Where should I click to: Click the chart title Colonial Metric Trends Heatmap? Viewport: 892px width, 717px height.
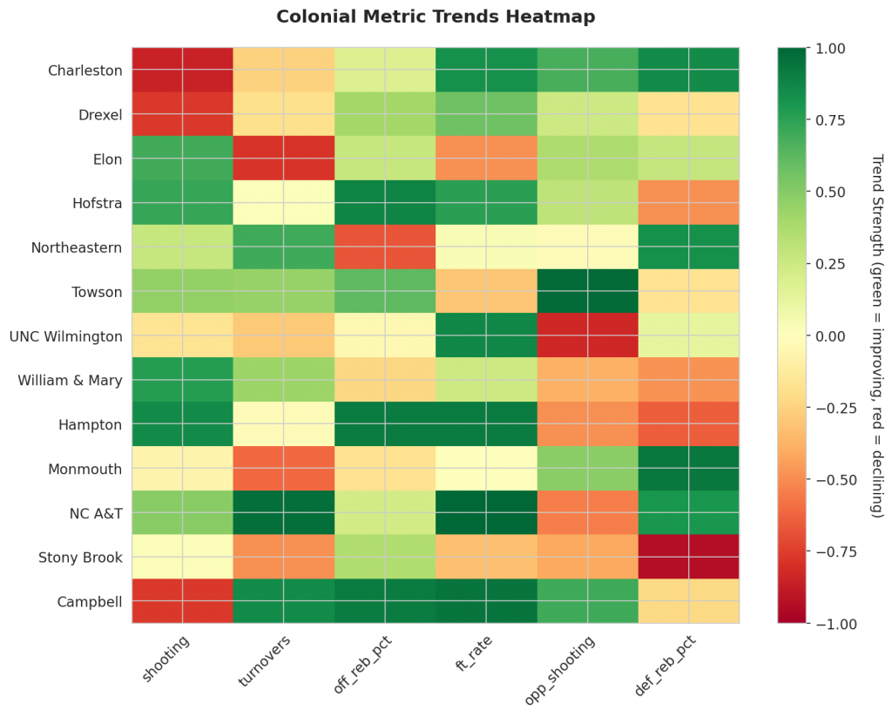[x=436, y=17]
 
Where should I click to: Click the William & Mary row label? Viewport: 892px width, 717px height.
[x=71, y=380]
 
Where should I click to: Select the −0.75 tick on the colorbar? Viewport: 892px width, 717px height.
[x=828, y=551]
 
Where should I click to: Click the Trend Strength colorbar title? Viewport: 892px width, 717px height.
[x=877, y=335]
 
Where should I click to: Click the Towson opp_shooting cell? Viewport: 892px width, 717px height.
[x=587, y=292]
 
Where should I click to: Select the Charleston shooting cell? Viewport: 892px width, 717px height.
[x=182, y=71]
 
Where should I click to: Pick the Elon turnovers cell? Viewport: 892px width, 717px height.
[x=283, y=159]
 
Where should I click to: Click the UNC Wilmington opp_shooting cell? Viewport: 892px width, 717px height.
[x=587, y=336]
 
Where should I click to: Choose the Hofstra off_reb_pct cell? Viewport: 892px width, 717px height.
[x=384, y=203]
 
